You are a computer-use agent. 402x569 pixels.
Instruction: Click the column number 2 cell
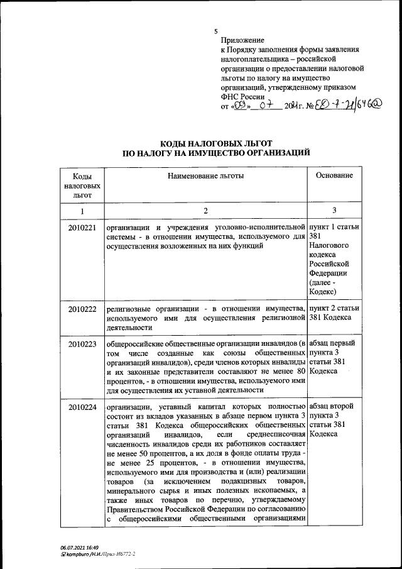(205, 211)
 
